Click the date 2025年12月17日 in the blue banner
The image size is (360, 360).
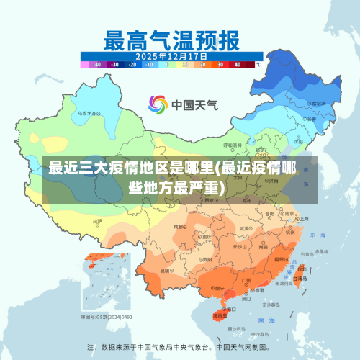tap(171, 55)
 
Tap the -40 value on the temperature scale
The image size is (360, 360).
tap(96, 64)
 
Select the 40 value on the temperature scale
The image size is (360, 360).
tap(238, 64)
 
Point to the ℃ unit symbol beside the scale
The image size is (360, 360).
tap(258, 64)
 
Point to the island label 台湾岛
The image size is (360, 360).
tap(302, 276)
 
